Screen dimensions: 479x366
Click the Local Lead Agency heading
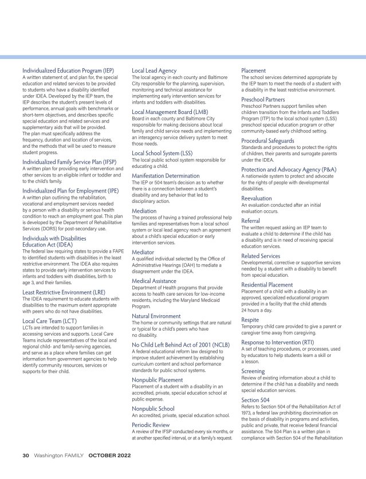tap(154, 70)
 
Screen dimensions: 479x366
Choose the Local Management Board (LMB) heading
tap(170, 112)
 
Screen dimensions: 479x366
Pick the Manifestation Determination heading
tap(166, 175)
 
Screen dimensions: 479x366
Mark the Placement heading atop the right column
tap(254, 70)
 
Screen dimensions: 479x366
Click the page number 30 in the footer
tap(26, 456)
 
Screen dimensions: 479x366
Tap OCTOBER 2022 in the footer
tap(109, 456)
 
